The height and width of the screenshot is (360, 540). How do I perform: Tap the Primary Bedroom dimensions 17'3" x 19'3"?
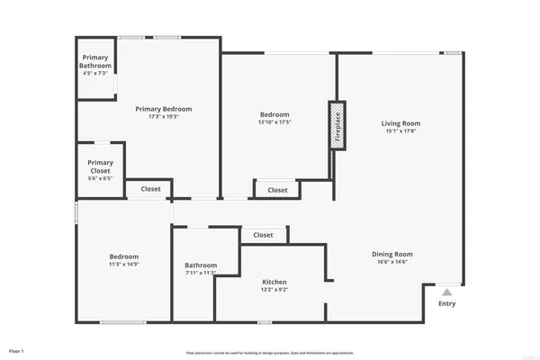(x=163, y=117)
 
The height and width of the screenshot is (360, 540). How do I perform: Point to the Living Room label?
(x=401, y=123)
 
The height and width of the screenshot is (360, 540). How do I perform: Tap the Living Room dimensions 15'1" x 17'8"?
(x=401, y=132)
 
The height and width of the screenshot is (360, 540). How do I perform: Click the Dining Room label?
(x=391, y=254)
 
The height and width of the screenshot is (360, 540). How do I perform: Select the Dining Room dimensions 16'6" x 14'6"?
(x=391, y=263)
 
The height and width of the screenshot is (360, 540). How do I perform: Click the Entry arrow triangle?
(x=447, y=292)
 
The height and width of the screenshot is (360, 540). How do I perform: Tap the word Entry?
(x=447, y=303)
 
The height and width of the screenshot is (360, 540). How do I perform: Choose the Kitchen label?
(x=274, y=282)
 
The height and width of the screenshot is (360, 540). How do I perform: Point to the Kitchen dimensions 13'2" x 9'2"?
(x=274, y=291)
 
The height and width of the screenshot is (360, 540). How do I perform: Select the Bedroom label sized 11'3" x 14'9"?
(x=122, y=256)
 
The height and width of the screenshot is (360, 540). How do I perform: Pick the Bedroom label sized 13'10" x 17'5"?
(x=274, y=114)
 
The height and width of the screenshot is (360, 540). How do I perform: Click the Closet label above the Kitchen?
(x=263, y=235)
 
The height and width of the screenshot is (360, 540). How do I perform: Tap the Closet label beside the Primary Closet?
(x=150, y=189)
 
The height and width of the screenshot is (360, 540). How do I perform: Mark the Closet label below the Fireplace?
(x=277, y=190)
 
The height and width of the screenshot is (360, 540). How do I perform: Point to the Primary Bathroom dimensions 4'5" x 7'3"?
(x=94, y=73)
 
